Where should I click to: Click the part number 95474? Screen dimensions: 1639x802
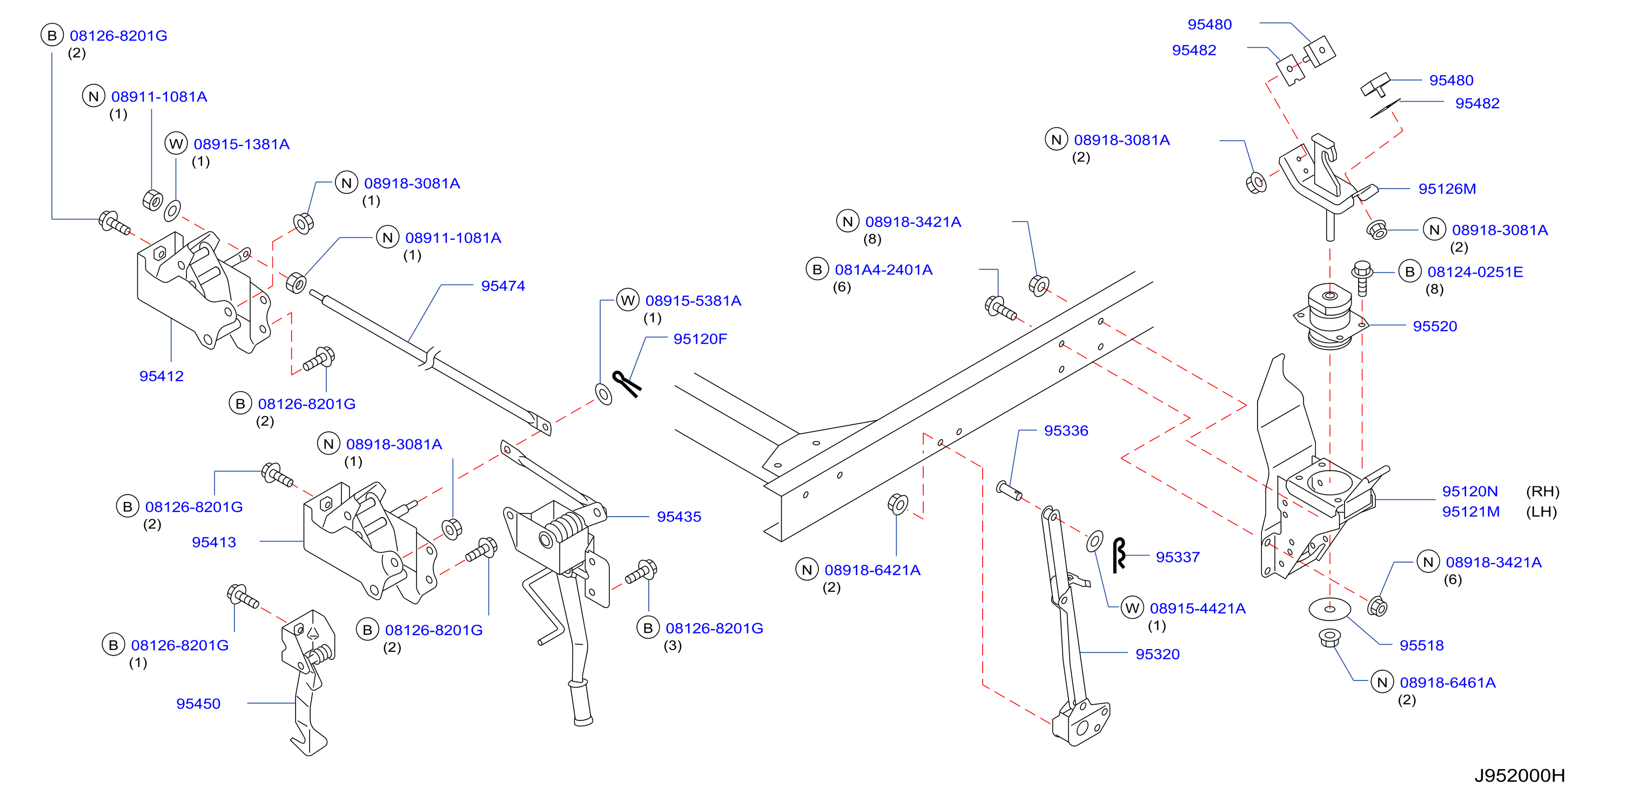502,286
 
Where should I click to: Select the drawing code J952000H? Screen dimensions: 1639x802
1520,776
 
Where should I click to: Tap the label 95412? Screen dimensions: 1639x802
162,376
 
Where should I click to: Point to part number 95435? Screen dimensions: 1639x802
679,517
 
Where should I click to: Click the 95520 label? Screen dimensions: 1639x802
1435,326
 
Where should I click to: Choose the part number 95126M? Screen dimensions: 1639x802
1447,189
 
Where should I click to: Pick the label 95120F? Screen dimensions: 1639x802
700,339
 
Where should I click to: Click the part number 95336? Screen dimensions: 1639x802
1066,431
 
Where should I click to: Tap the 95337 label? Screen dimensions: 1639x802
1178,558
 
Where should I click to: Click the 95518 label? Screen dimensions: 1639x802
1421,645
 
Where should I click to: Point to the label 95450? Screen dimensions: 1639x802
198,704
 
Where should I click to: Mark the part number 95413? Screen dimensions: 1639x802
214,542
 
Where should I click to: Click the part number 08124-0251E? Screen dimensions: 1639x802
1475,272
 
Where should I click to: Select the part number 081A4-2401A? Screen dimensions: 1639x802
883,270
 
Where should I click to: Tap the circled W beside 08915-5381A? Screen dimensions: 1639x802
628,300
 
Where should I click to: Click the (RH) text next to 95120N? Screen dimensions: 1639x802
1542,491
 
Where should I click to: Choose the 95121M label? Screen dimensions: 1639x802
1470,512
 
